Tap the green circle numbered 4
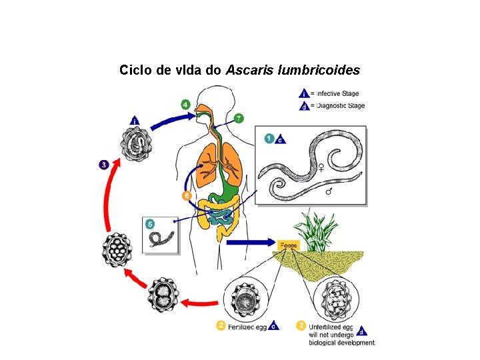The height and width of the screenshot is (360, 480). [x=185, y=105]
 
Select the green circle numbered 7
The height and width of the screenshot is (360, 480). [x=239, y=118]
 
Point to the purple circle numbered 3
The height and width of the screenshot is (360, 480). [x=104, y=164]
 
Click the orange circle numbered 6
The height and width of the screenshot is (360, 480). [x=186, y=195]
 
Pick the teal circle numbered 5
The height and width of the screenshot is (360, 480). [x=150, y=224]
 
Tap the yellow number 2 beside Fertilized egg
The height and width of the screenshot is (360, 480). [x=220, y=325]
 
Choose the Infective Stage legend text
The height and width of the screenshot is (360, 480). [x=337, y=93]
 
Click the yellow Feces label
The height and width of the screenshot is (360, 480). [x=289, y=245]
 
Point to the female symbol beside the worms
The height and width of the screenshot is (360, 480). [x=322, y=167]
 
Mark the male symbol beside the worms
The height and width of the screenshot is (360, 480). [x=329, y=191]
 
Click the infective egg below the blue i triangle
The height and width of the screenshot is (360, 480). [x=136, y=145]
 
